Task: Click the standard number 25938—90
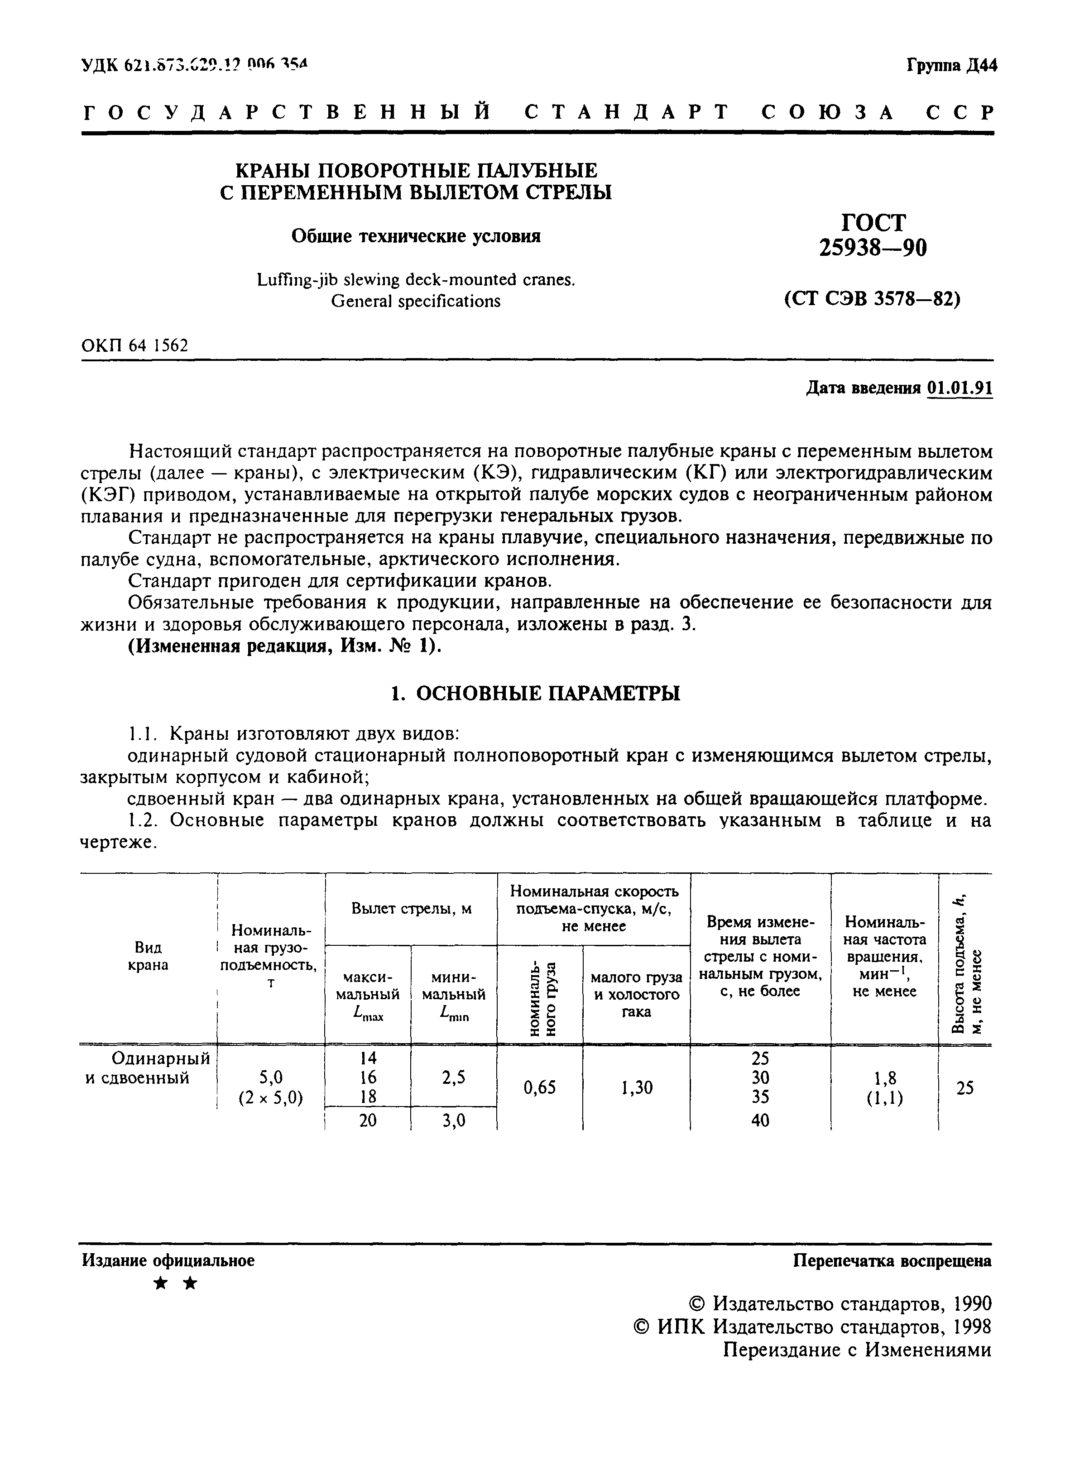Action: point(873,247)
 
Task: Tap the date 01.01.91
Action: point(959,388)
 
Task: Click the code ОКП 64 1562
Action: point(135,346)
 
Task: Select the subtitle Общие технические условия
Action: point(416,236)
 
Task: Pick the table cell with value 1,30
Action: point(636,1088)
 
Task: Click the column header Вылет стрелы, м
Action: point(411,909)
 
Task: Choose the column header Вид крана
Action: point(149,956)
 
